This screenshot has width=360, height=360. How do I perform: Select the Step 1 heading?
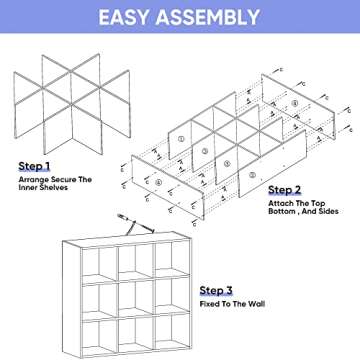[x=37, y=166]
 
